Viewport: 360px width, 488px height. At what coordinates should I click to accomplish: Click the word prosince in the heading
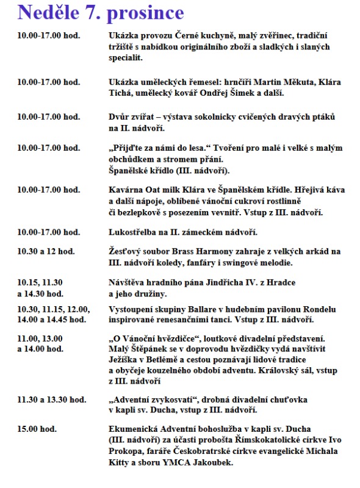(x=144, y=12)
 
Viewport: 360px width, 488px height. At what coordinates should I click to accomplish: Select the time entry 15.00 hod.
(x=37, y=429)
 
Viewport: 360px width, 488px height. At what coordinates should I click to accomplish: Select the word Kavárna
(x=126, y=190)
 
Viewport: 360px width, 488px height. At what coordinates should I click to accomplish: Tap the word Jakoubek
(x=211, y=463)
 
